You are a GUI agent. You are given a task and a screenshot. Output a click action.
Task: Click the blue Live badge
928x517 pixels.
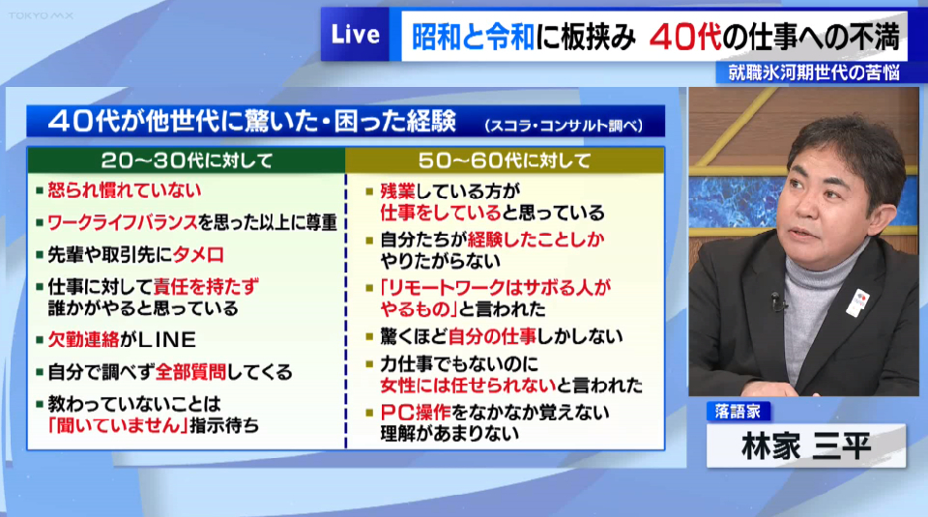point(355,35)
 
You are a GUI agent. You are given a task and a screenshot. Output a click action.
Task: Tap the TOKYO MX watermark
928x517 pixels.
point(41,16)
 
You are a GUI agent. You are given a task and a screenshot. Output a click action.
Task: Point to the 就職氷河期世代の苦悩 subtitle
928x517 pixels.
point(814,72)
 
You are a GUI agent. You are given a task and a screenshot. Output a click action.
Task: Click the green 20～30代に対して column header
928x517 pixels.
point(187,160)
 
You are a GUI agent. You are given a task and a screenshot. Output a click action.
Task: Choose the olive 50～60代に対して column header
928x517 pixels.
point(505,160)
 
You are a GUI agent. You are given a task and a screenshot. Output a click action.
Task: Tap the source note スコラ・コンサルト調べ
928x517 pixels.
point(564,126)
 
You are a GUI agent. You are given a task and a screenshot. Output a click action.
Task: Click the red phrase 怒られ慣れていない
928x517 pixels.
point(125,190)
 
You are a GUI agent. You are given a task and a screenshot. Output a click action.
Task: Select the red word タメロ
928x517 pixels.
point(198,255)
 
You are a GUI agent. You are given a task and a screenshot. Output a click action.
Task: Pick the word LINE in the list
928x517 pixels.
point(167,339)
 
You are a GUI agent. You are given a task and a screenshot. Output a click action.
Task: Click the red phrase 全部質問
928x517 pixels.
point(190,372)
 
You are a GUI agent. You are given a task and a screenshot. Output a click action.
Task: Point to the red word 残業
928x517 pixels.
point(397,191)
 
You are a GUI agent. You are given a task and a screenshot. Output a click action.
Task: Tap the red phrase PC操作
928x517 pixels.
point(416,413)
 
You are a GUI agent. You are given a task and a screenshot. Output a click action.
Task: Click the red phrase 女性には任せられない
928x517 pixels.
point(468,386)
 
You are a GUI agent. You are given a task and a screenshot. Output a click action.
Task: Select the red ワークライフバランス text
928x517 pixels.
point(123,223)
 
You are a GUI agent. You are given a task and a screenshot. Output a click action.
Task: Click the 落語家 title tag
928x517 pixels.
point(738,411)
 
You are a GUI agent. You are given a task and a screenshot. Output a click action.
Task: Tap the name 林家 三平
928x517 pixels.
point(806,446)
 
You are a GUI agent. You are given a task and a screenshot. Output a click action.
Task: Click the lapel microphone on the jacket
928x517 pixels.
point(777,302)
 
